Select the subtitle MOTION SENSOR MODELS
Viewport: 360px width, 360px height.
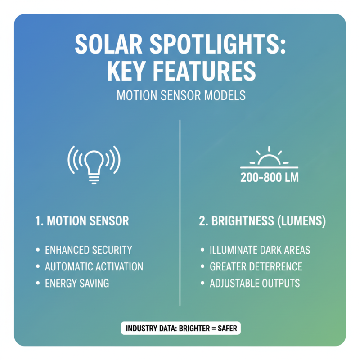pos(180,96)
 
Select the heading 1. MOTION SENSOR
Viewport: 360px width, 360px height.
pos(82,221)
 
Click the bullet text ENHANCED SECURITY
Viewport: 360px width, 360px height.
pos(88,250)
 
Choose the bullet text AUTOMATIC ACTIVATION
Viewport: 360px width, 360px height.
pos(94,266)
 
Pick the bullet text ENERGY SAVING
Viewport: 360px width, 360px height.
pos(76,283)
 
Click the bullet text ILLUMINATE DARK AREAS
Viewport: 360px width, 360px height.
pos(260,250)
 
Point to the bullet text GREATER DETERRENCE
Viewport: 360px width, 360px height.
pos(256,266)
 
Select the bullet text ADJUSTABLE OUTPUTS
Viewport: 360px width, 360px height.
pos(255,283)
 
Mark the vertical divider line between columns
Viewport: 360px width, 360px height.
pos(180,211)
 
